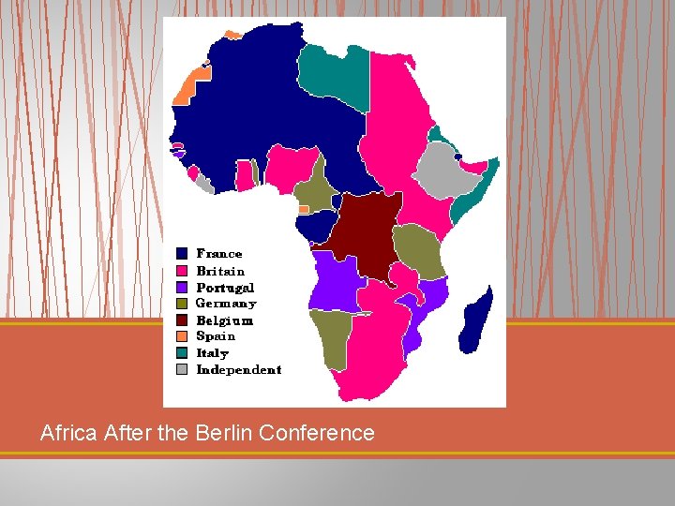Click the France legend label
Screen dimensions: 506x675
click(x=218, y=254)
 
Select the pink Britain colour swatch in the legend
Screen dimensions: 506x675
click(x=181, y=271)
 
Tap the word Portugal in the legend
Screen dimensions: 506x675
click(x=225, y=288)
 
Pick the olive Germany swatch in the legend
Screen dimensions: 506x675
click(x=181, y=304)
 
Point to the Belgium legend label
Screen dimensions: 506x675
click(x=224, y=320)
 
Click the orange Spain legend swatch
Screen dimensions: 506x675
click(x=181, y=336)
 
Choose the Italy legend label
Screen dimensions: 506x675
click(x=212, y=353)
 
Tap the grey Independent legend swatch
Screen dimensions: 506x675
click(x=181, y=370)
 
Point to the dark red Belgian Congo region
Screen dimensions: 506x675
click(x=367, y=234)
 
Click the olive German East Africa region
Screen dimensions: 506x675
click(x=419, y=249)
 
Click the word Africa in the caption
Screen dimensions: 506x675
click(x=67, y=433)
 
